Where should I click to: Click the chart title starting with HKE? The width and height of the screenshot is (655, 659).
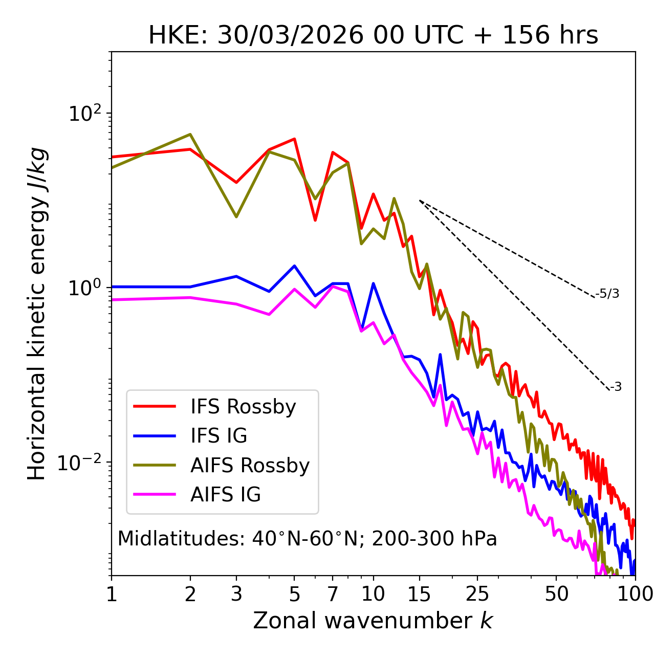(x=373, y=36)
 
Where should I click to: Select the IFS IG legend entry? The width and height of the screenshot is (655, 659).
(x=219, y=436)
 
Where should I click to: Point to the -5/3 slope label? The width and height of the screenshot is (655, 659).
(x=607, y=294)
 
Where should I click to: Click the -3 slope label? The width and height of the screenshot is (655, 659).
(x=616, y=387)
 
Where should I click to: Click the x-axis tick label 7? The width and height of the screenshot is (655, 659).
(x=333, y=594)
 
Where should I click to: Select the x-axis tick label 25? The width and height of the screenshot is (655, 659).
(x=477, y=594)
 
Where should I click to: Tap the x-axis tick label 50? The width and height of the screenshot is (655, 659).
(x=556, y=594)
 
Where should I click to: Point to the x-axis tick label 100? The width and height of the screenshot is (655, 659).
(x=635, y=594)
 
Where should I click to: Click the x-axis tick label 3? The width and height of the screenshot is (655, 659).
(x=236, y=594)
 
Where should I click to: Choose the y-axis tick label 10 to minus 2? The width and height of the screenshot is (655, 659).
(x=82, y=462)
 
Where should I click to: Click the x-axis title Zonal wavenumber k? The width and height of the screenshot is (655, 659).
(x=373, y=621)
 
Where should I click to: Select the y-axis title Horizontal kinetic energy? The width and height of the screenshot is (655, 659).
(x=37, y=314)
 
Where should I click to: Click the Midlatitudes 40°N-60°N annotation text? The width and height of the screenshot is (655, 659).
(x=307, y=539)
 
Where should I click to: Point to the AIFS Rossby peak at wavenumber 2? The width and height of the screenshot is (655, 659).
(x=190, y=135)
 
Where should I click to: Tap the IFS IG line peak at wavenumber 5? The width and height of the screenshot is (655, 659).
(x=294, y=266)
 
